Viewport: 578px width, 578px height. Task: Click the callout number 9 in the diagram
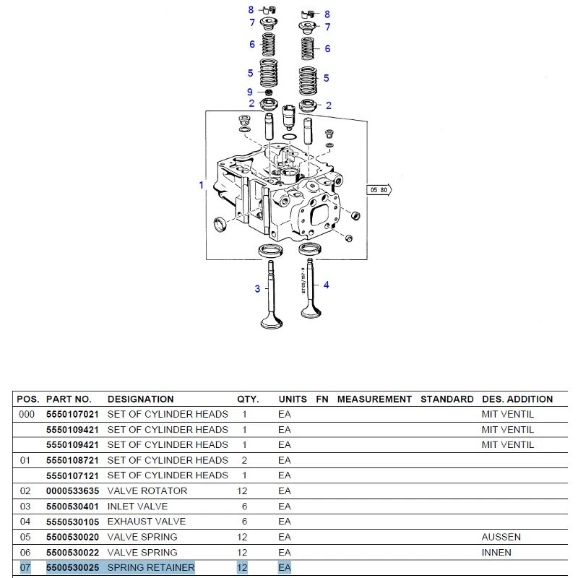(x=250, y=92)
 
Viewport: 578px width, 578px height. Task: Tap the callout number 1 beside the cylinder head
(x=202, y=185)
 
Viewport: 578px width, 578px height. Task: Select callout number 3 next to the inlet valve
(x=257, y=288)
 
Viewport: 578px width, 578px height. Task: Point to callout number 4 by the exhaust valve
(x=327, y=285)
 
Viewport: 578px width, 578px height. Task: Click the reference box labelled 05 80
(x=379, y=190)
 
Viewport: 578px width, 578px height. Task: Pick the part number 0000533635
(x=73, y=491)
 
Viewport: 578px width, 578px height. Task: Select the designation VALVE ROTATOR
(x=147, y=491)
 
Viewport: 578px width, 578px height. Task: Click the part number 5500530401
(x=73, y=506)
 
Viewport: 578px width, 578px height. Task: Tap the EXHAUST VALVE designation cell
(x=147, y=522)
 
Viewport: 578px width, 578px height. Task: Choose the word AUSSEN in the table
(x=501, y=537)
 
